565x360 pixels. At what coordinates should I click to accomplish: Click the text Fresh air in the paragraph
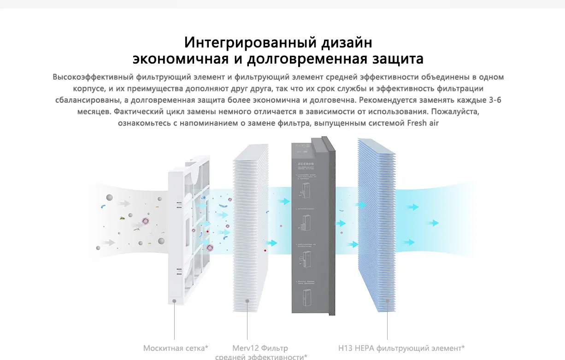423,123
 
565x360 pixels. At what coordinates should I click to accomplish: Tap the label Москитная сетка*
176,348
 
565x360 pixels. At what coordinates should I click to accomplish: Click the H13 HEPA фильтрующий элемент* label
401,348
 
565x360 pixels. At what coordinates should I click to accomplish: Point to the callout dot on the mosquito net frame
175,301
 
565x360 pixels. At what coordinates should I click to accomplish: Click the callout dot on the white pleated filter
247,301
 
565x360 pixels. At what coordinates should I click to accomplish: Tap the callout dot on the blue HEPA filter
387,301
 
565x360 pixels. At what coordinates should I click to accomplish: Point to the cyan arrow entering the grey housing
285,201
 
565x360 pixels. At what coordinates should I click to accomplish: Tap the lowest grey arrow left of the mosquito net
109,242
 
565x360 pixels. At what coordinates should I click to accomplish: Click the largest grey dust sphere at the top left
110,197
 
